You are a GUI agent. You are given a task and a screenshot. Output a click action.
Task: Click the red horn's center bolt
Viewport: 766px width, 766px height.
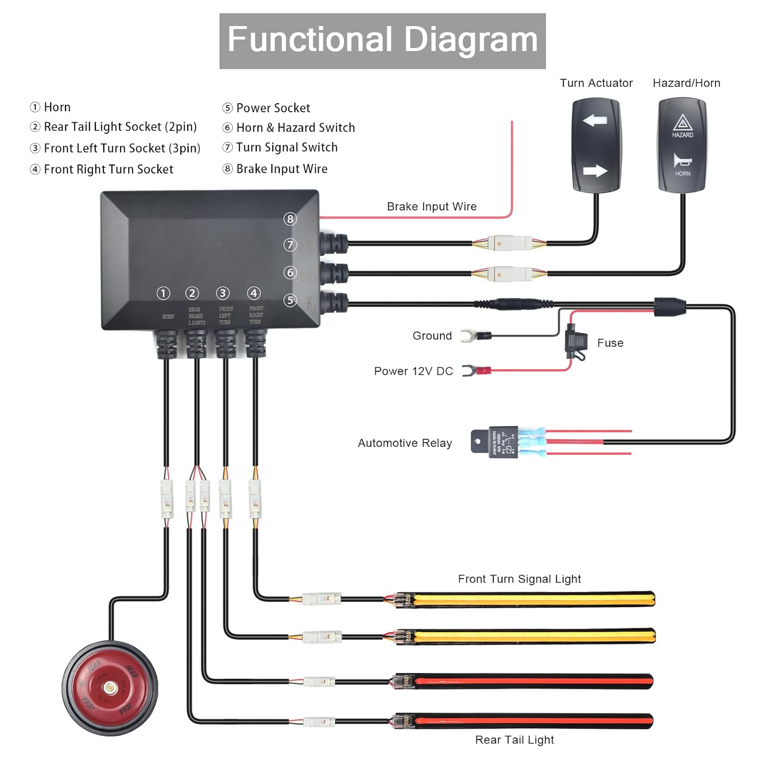[109, 688]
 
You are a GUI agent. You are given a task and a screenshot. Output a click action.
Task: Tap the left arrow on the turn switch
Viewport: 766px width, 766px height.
[595, 121]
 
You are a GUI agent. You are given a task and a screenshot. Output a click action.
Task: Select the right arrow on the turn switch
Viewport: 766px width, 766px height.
[595, 171]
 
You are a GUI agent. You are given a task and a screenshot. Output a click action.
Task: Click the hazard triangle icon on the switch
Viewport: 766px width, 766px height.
[682, 123]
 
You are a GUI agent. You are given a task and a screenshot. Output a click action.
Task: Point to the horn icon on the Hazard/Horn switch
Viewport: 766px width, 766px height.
[682, 161]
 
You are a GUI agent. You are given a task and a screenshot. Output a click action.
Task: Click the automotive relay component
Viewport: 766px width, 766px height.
[503, 442]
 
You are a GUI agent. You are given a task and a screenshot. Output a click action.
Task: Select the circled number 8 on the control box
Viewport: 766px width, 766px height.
[290, 219]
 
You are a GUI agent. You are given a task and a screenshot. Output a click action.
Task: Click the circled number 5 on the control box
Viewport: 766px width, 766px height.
[290, 300]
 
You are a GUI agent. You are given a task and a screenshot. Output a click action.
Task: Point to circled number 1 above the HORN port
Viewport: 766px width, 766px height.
[163, 293]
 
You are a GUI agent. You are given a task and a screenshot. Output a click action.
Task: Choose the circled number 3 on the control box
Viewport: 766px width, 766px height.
[223, 293]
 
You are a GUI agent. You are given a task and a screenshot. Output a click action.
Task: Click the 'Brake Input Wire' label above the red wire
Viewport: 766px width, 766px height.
[432, 206]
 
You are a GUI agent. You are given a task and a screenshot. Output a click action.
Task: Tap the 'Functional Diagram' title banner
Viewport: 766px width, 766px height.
[382, 41]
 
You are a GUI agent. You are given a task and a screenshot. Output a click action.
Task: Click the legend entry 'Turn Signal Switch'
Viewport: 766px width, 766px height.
[286, 148]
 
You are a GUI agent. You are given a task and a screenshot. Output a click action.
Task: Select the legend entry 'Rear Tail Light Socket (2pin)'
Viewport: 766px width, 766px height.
[120, 127]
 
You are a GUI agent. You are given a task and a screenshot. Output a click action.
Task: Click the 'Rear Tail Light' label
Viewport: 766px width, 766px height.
[514, 740]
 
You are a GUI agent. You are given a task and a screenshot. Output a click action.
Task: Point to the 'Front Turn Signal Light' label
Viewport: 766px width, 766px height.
[519, 579]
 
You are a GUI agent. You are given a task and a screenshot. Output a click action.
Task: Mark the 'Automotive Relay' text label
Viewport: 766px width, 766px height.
[405, 443]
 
